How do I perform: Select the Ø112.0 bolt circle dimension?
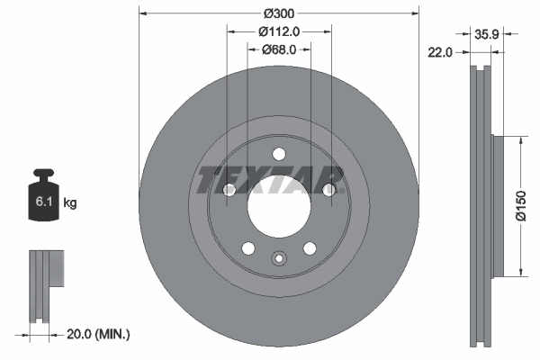point(279,31)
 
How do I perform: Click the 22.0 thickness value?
point(438,53)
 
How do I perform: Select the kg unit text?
point(70,203)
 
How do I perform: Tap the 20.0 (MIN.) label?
point(100,334)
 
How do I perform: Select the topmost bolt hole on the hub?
point(279,153)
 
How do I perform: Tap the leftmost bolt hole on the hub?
point(229,190)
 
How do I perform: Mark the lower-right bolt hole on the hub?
point(310,248)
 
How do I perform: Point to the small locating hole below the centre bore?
point(279,260)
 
